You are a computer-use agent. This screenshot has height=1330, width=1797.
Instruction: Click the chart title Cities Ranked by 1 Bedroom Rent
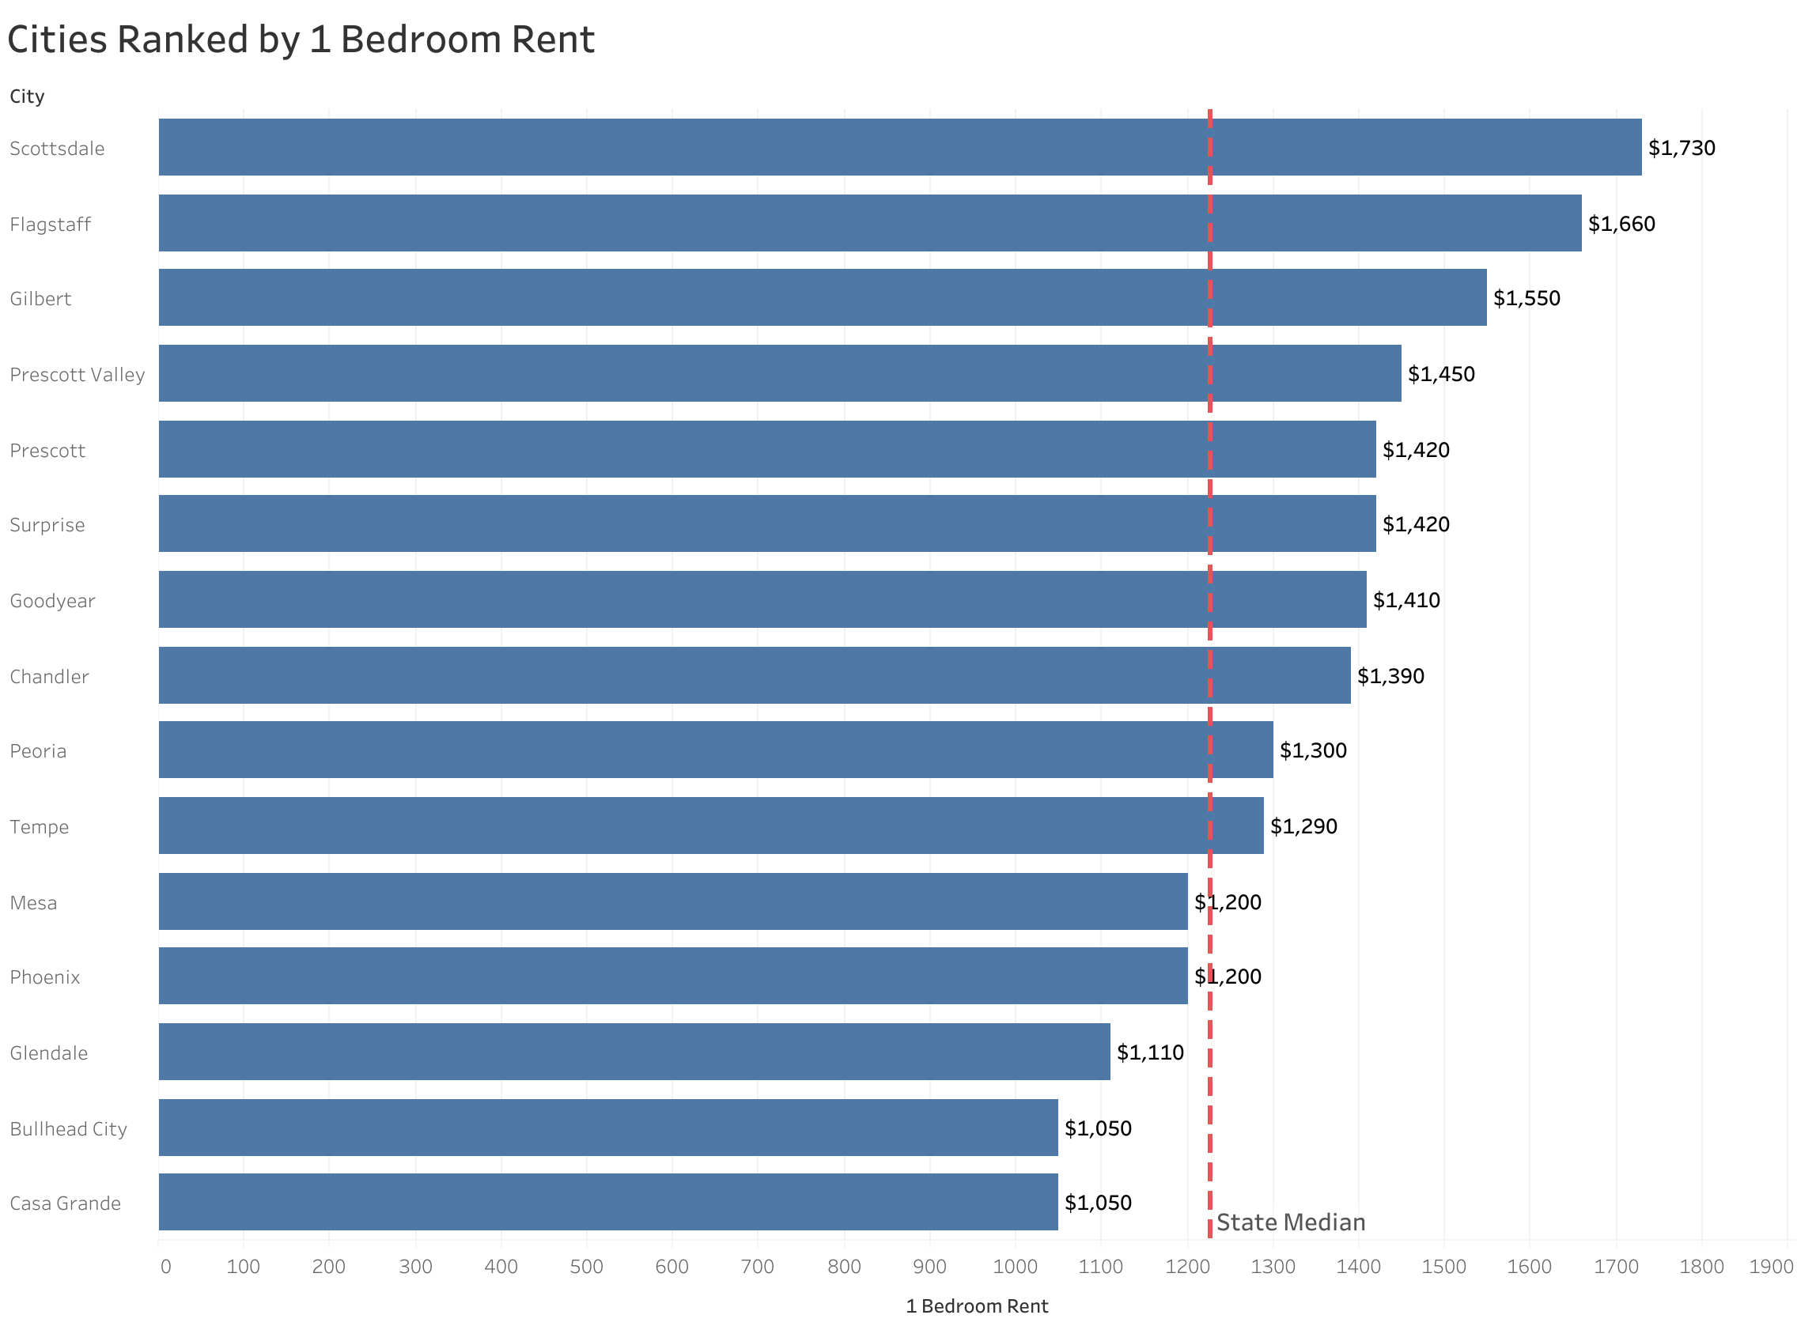pos(301,40)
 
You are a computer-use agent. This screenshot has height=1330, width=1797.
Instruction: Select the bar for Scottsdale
pos(898,147)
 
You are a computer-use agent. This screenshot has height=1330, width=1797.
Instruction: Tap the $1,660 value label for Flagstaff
pos(1621,224)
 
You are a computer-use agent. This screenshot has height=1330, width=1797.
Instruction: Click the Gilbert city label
pos(40,299)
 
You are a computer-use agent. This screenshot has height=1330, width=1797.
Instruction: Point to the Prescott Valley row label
pos(78,374)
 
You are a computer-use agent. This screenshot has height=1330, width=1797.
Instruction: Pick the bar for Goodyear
pos(762,600)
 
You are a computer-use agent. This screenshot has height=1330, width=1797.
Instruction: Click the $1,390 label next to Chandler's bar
pos(1390,676)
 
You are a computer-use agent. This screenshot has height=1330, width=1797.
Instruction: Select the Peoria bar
pos(715,750)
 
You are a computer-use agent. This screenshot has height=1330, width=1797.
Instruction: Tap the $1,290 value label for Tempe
pos(1303,826)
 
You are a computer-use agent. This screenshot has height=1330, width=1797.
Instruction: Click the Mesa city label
pos(33,902)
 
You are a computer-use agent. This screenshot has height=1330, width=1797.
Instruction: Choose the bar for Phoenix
pos(672,977)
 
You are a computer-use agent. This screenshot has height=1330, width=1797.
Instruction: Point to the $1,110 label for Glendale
pos(1150,1052)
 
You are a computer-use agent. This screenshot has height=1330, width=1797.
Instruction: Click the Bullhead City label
pos(69,1128)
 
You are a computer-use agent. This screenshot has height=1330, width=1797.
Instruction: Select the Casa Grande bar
pos(608,1203)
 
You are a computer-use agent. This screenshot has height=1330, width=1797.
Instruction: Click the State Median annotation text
pos(1291,1223)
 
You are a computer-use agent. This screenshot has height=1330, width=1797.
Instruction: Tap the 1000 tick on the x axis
pos(1016,1268)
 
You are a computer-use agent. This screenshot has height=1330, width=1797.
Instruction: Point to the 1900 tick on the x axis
pos(1770,1268)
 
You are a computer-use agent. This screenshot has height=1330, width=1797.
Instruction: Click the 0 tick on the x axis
pos(165,1268)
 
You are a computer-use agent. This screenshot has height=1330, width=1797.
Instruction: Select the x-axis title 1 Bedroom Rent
pos(977,1306)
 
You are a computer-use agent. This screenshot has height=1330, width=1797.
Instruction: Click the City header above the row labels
pos(27,96)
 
